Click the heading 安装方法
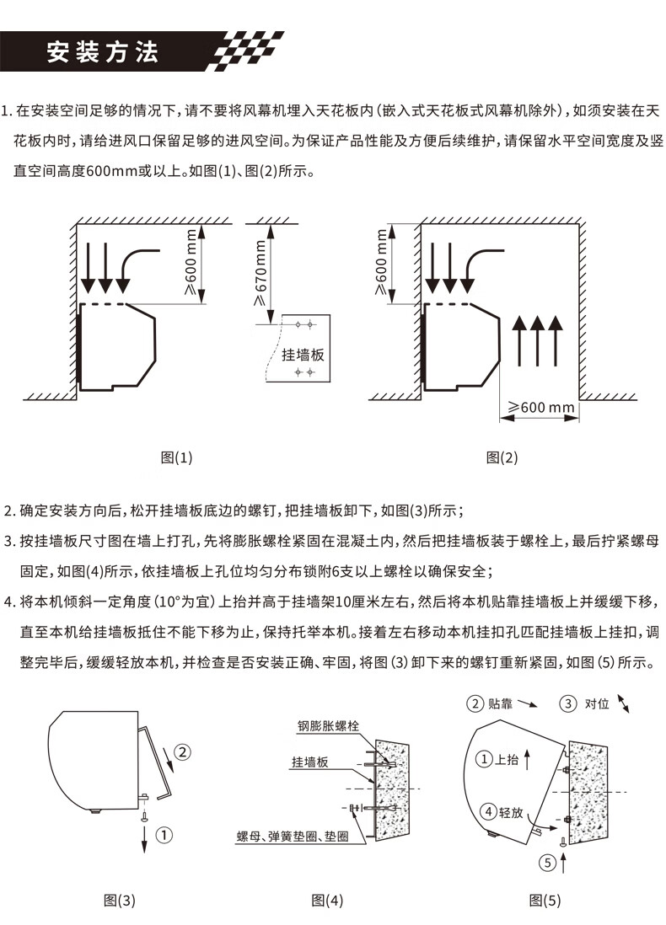pos(102,52)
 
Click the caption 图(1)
pos(176,457)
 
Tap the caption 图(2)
pos(502,457)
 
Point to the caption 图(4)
pos(327,900)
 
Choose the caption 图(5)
pos(545,900)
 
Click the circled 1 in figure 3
pos(164,835)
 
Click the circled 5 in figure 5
pos(548,862)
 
